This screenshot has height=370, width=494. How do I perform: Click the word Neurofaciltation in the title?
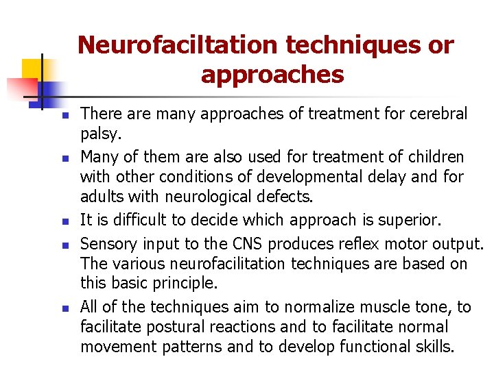click(178, 45)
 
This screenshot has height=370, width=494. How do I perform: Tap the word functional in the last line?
click(381, 347)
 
